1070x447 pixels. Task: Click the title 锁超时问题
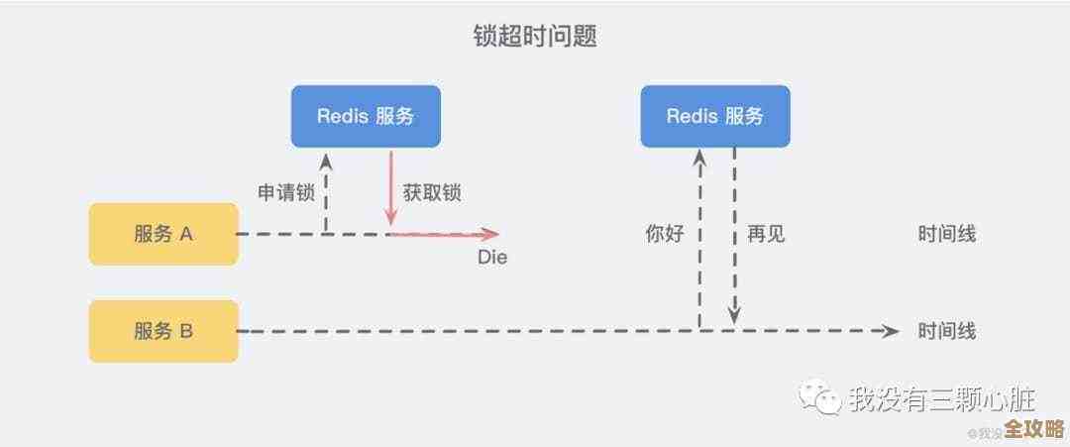[x=535, y=37]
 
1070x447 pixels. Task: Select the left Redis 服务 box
[x=366, y=116]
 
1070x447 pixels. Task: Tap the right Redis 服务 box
[x=715, y=116]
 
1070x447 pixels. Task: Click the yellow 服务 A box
[x=163, y=234]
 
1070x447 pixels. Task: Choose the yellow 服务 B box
[x=163, y=331]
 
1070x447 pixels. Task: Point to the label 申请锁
[x=286, y=193]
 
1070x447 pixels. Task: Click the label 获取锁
[x=432, y=193]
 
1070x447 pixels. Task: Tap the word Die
[x=492, y=258]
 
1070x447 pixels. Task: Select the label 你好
[x=665, y=235]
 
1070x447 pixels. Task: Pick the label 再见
[x=766, y=235]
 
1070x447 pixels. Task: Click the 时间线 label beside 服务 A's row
[x=947, y=235]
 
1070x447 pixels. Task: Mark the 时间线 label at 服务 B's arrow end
[x=947, y=331]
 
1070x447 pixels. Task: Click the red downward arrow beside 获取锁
[x=391, y=188]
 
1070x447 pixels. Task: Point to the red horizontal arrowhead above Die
[x=489, y=235]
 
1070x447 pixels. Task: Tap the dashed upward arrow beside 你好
[x=699, y=238]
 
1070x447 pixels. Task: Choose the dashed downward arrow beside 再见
[x=734, y=238]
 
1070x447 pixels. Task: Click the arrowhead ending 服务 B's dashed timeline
[x=891, y=331]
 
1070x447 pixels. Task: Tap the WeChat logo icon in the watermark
[x=819, y=398]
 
